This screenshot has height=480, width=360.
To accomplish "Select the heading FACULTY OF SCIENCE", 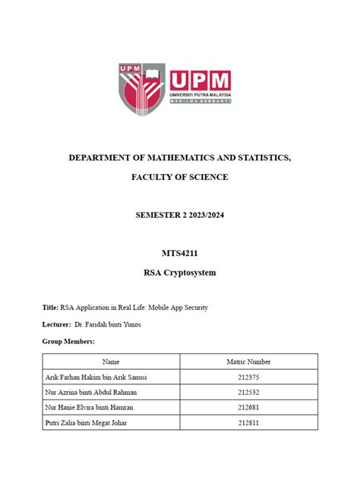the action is point(179,177).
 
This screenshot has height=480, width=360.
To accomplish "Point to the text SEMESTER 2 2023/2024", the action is point(179,216).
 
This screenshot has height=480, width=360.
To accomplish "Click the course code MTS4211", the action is point(179,254).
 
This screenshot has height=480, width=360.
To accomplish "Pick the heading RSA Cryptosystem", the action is point(179,271).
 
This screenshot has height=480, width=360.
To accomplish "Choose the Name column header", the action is point(111,362).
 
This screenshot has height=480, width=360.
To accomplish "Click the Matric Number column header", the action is point(249,362).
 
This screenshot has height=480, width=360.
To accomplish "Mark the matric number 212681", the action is point(249,407).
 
